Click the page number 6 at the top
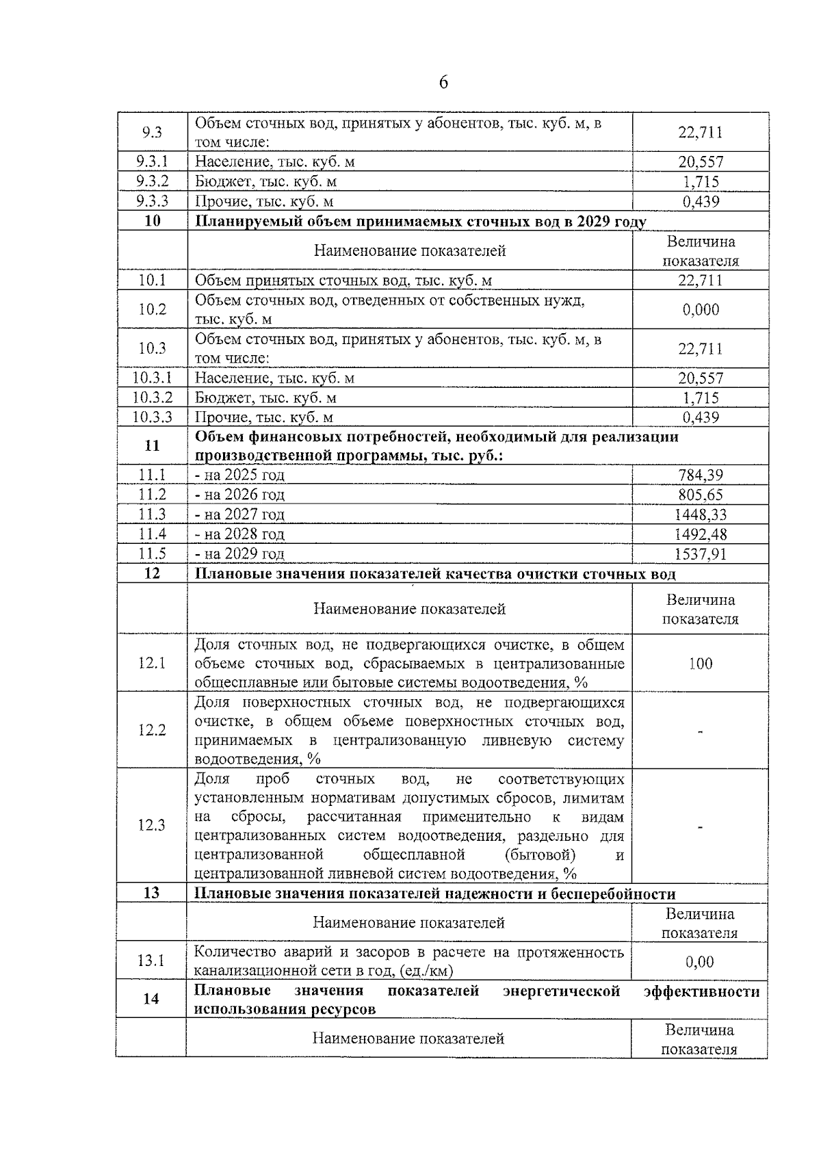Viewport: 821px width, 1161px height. [443, 83]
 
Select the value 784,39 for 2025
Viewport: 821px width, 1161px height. [701, 475]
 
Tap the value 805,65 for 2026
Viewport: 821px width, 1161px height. [701, 495]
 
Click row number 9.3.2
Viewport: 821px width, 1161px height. [152, 181]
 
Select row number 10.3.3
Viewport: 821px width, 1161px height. [152, 417]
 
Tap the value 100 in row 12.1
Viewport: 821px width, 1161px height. [701, 664]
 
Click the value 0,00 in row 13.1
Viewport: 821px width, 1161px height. [700, 962]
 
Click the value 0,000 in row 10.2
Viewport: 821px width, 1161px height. [701, 310]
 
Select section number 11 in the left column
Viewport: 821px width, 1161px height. [152, 446]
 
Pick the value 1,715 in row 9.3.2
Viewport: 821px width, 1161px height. [701, 182]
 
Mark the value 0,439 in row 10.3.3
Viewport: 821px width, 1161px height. [701, 417]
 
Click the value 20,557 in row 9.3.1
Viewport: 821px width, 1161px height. [701, 162]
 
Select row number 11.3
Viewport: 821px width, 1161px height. [152, 514]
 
